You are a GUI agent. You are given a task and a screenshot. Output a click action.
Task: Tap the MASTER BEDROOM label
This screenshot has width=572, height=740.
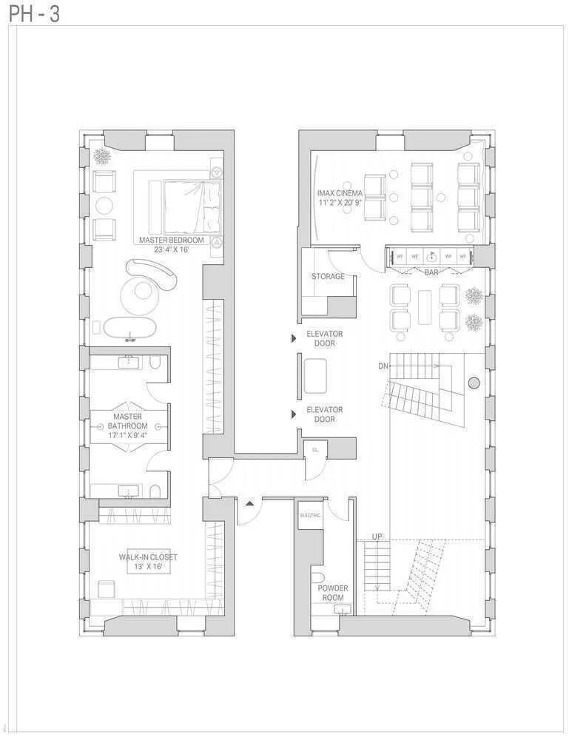pos(171,245)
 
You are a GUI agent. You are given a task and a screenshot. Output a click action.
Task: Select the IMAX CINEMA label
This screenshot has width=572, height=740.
pos(340,198)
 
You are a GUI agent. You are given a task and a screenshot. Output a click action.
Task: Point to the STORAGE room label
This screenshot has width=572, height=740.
pos(328,276)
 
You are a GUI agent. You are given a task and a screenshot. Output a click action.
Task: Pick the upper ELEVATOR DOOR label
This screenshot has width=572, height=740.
pos(324,339)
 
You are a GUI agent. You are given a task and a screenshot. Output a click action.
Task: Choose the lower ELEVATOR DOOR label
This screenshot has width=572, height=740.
pos(324,414)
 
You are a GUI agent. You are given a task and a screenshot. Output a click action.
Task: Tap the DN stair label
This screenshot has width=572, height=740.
pos(383,366)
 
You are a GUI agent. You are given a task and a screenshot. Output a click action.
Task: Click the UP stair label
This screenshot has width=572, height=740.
pos(377,536)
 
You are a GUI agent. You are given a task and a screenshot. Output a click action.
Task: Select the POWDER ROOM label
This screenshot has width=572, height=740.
pos(333,593)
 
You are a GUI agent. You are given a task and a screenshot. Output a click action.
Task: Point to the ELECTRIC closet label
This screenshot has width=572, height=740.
pos(310,514)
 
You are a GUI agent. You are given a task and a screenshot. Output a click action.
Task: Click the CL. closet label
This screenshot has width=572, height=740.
pos(314,449)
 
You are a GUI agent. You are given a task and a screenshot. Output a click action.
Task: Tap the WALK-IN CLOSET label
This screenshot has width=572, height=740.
pos(148,562)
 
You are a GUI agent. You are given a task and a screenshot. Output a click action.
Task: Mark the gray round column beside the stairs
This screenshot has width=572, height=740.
pos(474,383)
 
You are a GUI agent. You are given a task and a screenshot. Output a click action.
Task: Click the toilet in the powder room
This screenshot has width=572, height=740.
pos(318,577)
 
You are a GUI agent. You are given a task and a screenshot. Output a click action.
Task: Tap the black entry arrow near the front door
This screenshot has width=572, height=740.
pos(250,503)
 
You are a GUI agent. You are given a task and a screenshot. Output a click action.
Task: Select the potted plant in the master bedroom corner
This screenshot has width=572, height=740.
pos(102,157)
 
